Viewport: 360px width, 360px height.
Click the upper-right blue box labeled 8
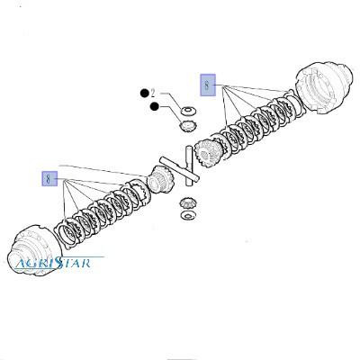tap(208, 85)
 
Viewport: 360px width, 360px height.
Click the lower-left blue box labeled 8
tap(49, 179)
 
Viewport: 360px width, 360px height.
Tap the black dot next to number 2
tap(145, 94)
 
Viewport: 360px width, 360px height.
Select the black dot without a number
tap(155, 106)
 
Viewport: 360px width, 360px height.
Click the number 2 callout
tap(153, 94)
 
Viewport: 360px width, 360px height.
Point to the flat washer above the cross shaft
tap(188, 111)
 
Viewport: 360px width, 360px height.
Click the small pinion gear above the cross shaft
tap(186, 126)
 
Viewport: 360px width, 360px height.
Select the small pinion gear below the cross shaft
tap(187, 203)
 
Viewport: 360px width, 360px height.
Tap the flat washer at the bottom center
tap(188, 215)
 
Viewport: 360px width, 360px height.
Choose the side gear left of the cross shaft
tap(161, 180)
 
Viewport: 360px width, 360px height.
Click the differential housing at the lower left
tap(34, 250)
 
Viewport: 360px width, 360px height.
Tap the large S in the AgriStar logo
tap(59, 263)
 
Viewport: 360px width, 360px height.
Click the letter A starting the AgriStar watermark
tap(22, 263)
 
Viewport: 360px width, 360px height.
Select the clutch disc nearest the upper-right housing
tap(295, 104)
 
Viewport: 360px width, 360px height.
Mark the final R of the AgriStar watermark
tap(85, 263)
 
